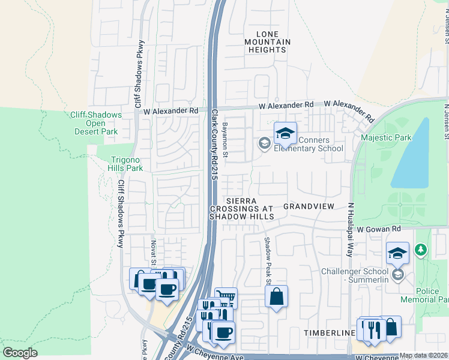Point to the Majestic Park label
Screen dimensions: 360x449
click(x=387, y=137)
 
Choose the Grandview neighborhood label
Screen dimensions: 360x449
click(x=309, y=206)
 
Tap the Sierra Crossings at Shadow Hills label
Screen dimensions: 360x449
click(x=242, y=208)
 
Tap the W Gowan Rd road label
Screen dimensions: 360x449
click(x=378, y=229)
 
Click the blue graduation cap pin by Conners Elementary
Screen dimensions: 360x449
click(x=285, y=134)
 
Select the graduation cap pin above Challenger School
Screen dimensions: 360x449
click(x=397, y=254)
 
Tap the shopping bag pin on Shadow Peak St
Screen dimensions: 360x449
click(x=276, y=296)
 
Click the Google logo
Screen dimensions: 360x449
click(x=20, y=353)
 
